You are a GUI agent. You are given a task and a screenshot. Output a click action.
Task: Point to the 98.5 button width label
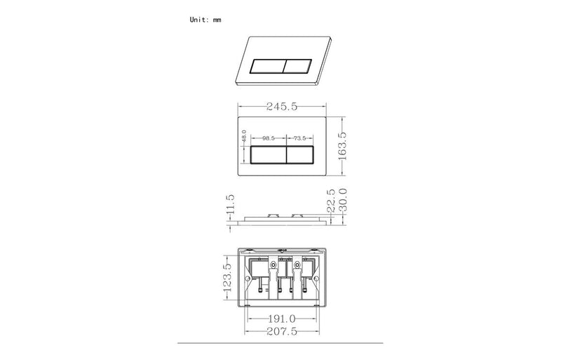(268, 139)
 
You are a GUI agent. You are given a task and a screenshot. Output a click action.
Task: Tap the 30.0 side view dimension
(343, 201)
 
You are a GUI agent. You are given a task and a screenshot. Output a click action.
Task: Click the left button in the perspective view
(266, 66)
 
